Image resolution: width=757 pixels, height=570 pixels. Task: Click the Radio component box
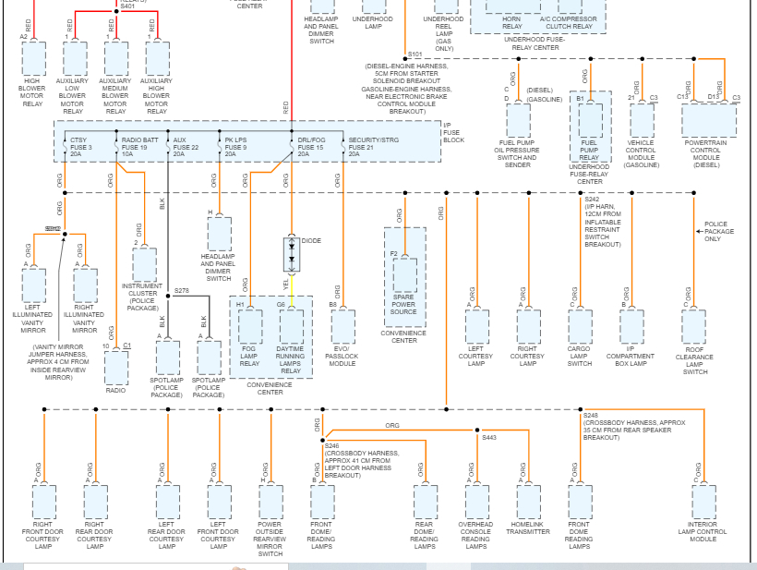click(x=115, y=368)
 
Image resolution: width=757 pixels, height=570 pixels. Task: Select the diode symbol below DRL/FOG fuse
click(x=292, y=253)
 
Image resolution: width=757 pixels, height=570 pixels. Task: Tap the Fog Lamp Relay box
click(x=250, y=326)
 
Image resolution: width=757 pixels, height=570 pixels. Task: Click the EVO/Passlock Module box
click(x=342, y=326)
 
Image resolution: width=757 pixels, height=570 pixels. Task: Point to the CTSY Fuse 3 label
click(x=80, y=147)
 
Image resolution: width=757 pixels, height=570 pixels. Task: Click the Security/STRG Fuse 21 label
click(x=373, y=147)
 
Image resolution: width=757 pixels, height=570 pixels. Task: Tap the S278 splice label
click(x=182, y=291)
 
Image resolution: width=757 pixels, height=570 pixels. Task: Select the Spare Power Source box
click(x=404, y=275)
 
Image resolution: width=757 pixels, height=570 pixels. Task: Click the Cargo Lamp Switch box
click(x=580, y=326)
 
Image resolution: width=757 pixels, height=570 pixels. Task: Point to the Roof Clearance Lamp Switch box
click(x=694, y=326)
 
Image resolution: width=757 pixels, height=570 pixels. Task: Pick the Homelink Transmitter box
click(x=528, y=501)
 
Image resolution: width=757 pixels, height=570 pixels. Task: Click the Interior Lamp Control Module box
click(x=703, y=501)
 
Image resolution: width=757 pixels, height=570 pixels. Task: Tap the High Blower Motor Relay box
click(x=33, y=58)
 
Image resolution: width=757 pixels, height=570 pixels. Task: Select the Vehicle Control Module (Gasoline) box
click(x=642, y=120)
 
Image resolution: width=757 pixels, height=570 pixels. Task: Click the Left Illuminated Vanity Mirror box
click(x=33, y=286)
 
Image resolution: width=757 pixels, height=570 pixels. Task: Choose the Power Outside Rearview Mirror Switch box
click(x=270, y=501)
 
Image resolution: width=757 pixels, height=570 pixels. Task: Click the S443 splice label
click(x=489, y=437)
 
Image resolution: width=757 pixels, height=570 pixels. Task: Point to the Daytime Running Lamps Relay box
click(x=292, y=326)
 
